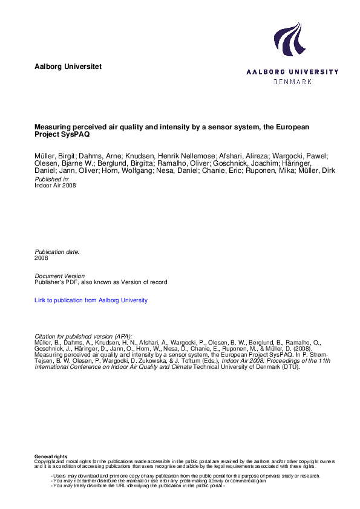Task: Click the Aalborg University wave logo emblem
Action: (x=289, y=40)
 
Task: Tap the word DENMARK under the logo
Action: (x=293, y=81)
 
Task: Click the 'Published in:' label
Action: (x=52, y=180)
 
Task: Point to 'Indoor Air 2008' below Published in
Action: (x=56, y=186)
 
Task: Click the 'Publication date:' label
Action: (x=57, y=251)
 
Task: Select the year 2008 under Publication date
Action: (x=42, y=258)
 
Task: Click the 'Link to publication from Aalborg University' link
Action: (x=91, y=300)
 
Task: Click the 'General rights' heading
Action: (x=51, y=456)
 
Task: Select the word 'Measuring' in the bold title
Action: (x=53, y=128)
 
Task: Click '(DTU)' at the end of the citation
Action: (x=290, y=366)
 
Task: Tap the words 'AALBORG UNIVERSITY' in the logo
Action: (x=292, y=72)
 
